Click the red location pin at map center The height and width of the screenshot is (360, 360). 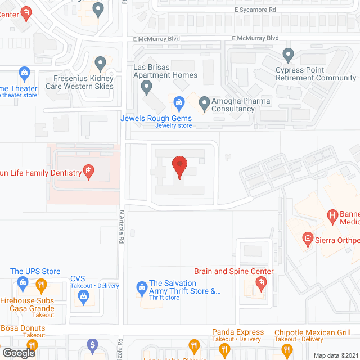[179, 167]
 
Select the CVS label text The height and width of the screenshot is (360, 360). [77, 278]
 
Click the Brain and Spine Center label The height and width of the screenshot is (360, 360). [233, 271]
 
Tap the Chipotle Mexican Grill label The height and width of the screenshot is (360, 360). [312, 332]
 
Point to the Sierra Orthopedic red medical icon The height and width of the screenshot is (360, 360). [307, 238]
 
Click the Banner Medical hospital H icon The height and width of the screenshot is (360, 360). [332, 214]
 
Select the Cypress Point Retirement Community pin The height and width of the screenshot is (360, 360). [288, 55]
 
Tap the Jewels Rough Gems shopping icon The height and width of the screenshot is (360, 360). [179, 102]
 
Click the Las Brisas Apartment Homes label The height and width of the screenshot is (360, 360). [165, 71]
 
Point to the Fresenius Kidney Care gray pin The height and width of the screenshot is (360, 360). [100, 62]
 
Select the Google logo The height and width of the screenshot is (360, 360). [18, 353]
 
